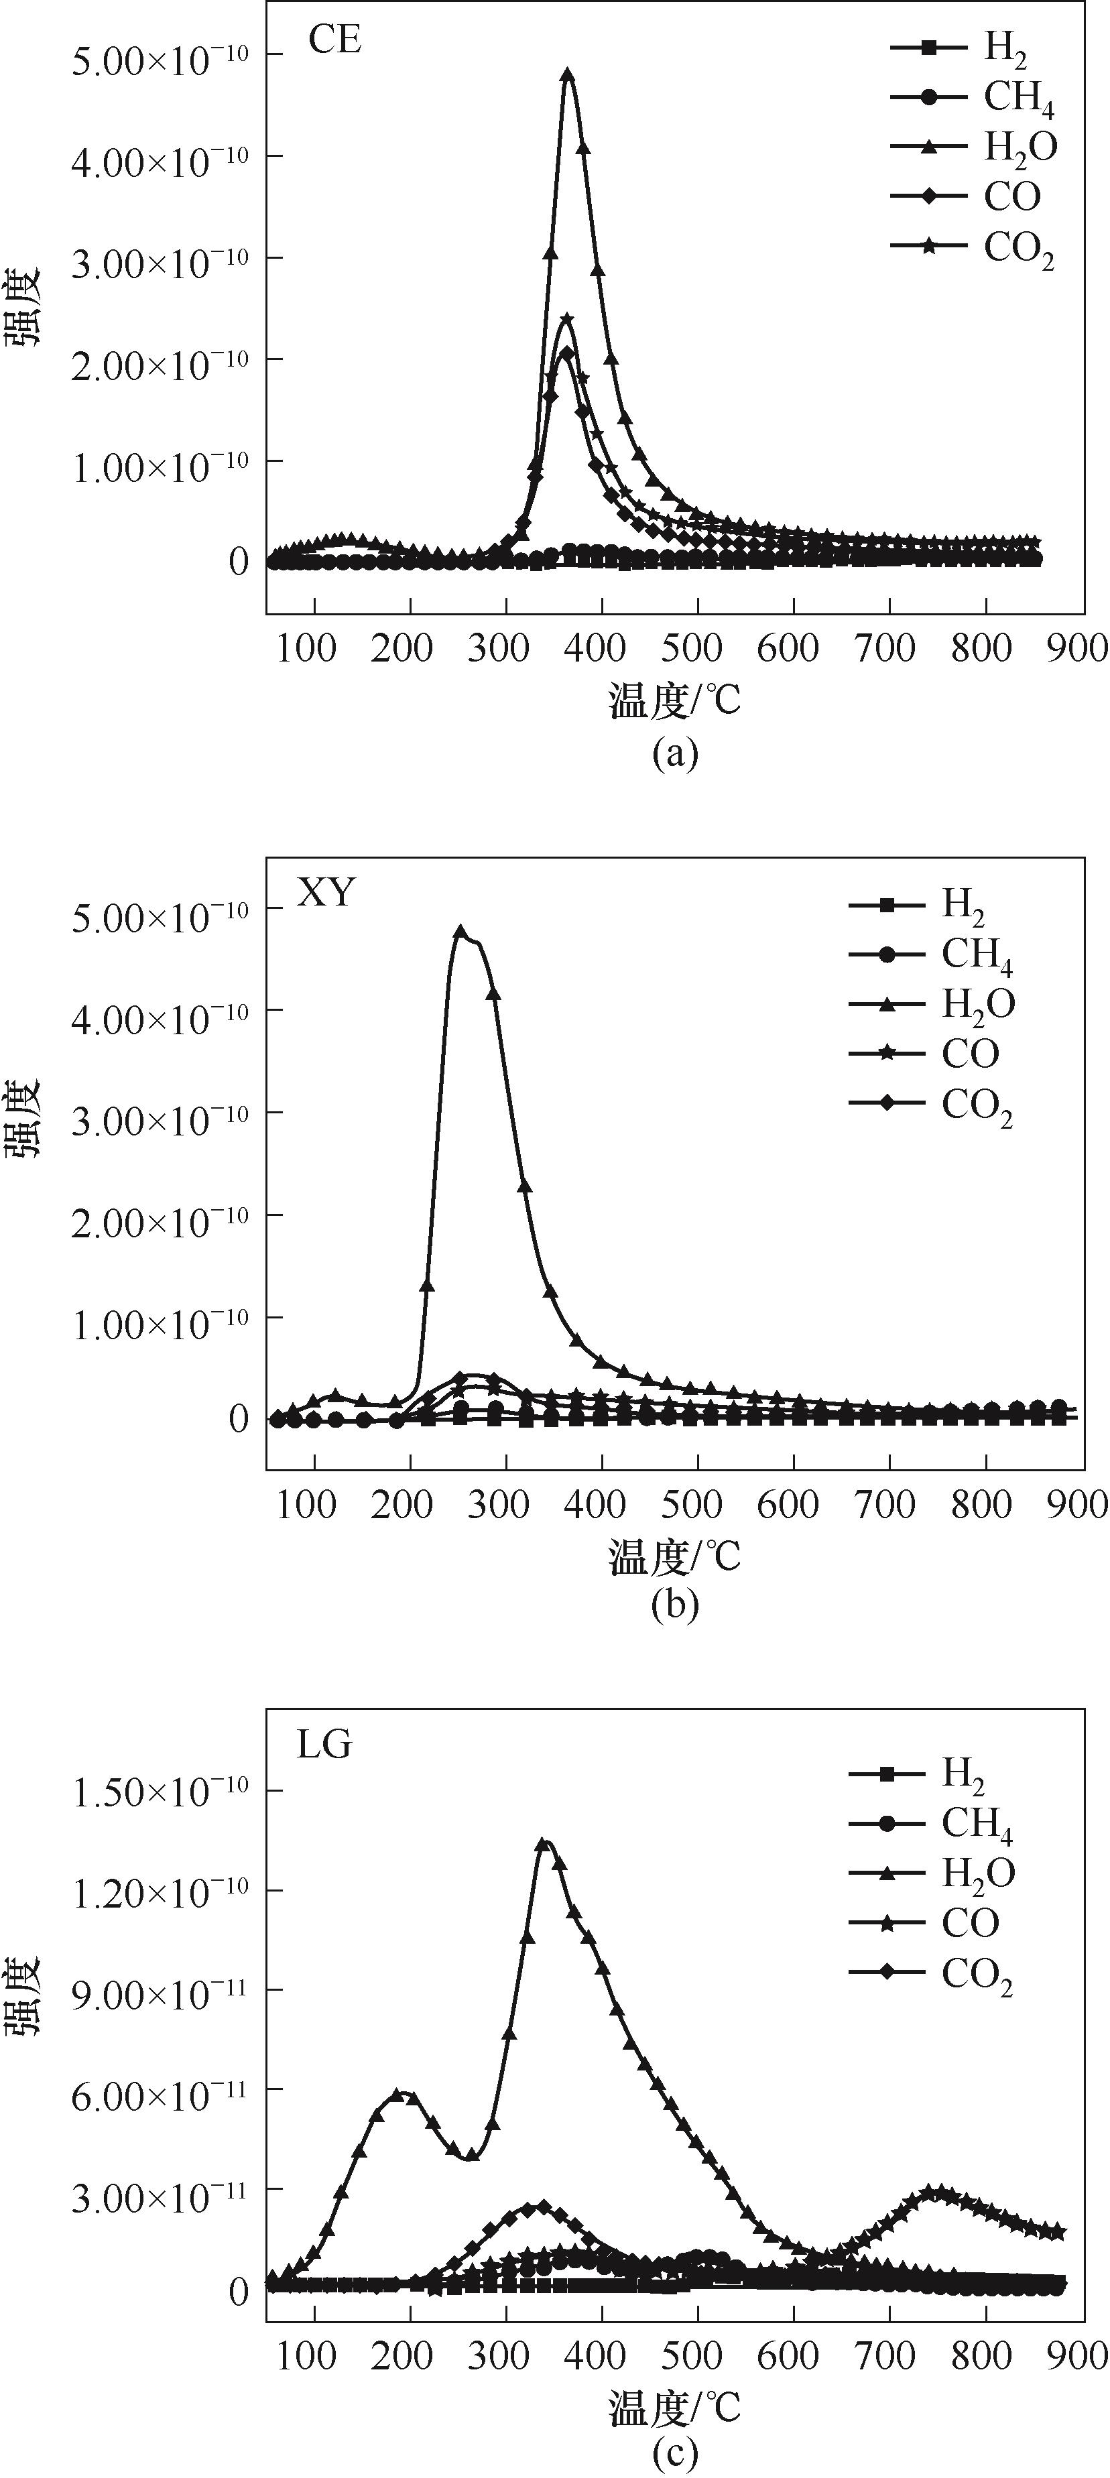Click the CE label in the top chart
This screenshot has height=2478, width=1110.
tap(334, 42)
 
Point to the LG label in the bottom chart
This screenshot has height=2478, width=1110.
tap(324, 1744)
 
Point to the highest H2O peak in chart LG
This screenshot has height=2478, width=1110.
tap(544, 1844)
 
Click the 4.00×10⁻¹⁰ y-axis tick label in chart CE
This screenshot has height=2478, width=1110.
tap(160, 157)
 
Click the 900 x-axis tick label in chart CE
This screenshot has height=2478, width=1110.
tap(1077, 649)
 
